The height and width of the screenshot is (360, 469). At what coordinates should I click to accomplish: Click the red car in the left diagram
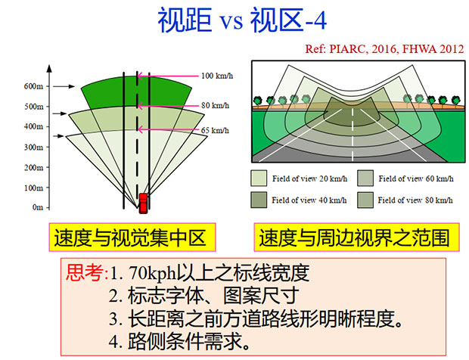pyautogui.click(x=143, y=203)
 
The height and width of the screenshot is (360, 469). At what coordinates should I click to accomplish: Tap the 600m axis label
pyautogui.click(x=33, y=86)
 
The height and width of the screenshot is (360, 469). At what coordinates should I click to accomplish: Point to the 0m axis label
pyautogui.click(x=38, y=207)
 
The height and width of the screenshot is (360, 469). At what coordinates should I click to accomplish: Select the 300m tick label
pyautogui.click(x=33, y=147)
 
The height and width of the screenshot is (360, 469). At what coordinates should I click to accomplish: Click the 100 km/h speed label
pyautogui.click(x=217, y=76)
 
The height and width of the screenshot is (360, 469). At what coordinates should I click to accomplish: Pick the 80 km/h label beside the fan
pyautogui.click(x=216, y=106)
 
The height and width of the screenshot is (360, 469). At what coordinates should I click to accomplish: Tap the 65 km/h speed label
pyautogui.click(x=215, y=130)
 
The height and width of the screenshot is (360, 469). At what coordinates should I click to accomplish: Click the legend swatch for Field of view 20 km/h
pyautogui.click(x=259, y=178)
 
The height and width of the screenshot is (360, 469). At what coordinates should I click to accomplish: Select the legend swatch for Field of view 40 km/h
pyautogui.click(x=259, y=200)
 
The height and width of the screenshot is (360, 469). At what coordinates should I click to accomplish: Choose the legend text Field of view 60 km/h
pyautogui.click(x=416, y=178)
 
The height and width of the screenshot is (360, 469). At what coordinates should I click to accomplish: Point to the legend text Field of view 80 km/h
pyautogui.click(x=415, y=200)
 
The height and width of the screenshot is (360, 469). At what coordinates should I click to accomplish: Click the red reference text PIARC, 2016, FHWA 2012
pyautogui.click(x=396, y=48)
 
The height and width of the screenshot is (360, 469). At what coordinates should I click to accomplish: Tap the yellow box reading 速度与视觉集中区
pyautogui.click(x=132, y=237)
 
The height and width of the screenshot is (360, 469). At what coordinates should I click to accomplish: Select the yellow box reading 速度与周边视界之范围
pyautogui.click(x=356, y=237)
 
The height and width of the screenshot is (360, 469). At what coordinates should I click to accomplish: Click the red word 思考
pyautogui.click(x=85, y=273)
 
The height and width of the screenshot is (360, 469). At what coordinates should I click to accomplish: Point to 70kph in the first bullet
pyautogui.click(x=153, y=273)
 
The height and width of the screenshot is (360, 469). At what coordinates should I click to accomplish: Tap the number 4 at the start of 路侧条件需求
pyautogui.click(x=114, y=341)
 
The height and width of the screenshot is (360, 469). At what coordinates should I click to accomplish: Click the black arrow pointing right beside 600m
pyautogui.click(x=64, y=86)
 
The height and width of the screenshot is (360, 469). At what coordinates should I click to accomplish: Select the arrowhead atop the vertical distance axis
pyautogui.click(x=49, y=68)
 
